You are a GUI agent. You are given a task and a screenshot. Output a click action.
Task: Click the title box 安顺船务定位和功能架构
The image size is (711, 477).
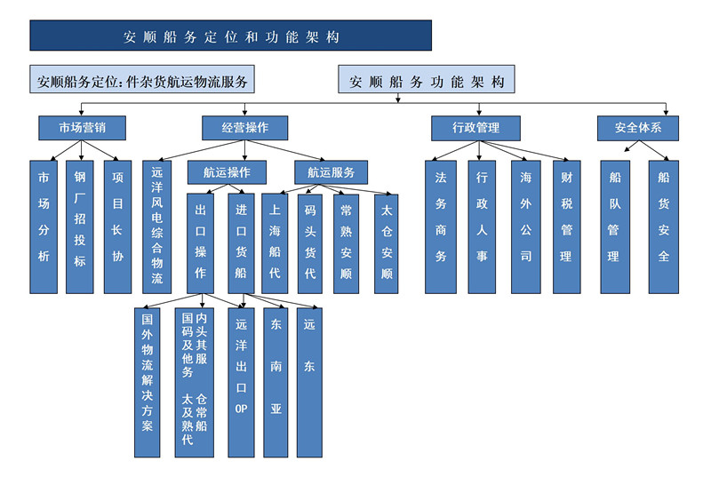click(x=230, y=36)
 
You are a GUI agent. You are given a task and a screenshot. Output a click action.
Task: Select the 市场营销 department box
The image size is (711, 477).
click(x=80, y=128)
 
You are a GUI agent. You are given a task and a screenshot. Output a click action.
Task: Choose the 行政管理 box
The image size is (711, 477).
click(x=476, y=128)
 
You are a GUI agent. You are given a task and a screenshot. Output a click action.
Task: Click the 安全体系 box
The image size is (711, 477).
click(x=638, y=128)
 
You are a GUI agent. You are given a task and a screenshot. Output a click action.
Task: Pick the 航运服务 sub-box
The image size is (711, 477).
click(x=331, y=172)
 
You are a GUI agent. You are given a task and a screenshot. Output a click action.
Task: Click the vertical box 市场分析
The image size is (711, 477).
click(x=44, y=227)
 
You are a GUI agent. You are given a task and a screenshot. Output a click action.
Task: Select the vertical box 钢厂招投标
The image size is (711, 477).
click(x=80, y=227)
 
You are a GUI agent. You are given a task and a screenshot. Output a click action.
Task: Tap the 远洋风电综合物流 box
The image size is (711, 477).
click(x=157, y=227)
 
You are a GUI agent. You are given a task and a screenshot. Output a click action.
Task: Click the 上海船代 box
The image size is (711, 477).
click(x=274, y=242)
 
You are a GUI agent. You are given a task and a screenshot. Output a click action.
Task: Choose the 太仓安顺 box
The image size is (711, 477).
click(x=386, y=242)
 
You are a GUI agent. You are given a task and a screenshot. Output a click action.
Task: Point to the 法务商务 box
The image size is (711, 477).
click(x=440, y=227)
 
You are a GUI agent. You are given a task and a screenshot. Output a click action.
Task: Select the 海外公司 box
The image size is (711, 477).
click(x=525, y=227)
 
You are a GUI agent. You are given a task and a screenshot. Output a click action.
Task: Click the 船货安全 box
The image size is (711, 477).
click(x=663, y=227)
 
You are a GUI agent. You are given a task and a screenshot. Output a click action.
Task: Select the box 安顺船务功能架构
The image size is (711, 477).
click(x=427, y=82)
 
